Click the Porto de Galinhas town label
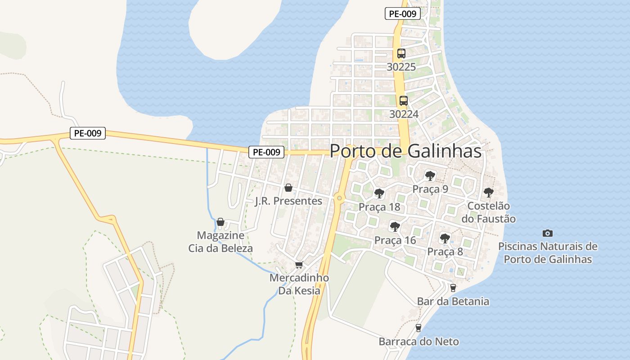pyautogui.click(x=405, y=151)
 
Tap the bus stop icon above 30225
pyautogui.click(x=401, y=54)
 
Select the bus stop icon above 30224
pyautogui.click(x=404, y=101)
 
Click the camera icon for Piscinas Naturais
pyautogui.click(x=547, y=233)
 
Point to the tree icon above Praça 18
pyautogui.click(x=379, y=193)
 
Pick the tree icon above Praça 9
pyautogui.click(x=430, y=175)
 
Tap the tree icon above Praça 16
pyautogui.click(x=395, y=226)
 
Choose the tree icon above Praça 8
pyautogui.click(x=445, y=238)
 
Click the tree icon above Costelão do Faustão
pyautogui.click(x=489, y=193)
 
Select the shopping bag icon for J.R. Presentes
pyautogui.click(x=288, y=187)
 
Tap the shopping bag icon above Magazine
pyautogui.click(x=220, y=222)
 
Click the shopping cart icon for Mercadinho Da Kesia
pyautogui.click(x=299, y=265)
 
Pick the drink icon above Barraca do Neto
pyautogui.click(x=418, y=328)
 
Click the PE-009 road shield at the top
pyautogui.click(x=403, y=13)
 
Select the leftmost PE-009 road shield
pyautogui.click(x=88, y=133)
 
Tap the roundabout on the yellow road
pyautogui.click(x=339, y=198)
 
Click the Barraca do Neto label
pyautogui.click(x=418, y=342)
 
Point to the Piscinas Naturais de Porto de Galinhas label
pyautogui.click(x=548, y=253)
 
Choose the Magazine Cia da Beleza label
pyautogui.click(x=220, y=242)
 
